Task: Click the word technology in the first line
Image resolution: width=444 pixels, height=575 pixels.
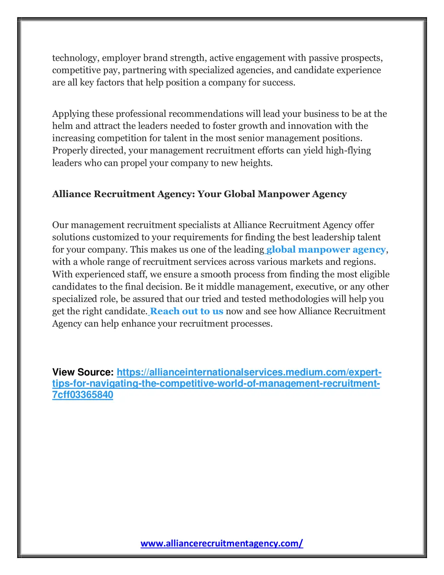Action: tap(75, 58)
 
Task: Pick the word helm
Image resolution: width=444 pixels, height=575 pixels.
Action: tap(62, 126)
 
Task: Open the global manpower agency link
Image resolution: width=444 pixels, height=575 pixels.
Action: tap(326, 250)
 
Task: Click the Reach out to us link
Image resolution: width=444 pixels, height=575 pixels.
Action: tap(186, 311)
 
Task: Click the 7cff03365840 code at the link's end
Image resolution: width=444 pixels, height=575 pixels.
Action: tap(83, 395)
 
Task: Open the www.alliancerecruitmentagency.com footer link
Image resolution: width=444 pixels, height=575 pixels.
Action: tap(222, 543)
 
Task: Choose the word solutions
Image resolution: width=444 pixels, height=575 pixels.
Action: tap(71, 237)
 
